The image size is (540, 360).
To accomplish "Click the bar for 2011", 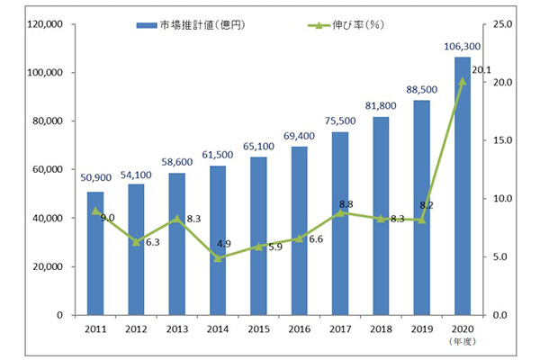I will point(95,253).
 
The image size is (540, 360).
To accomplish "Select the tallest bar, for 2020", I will point(463,186).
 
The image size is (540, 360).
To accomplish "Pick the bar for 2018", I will point(381,216).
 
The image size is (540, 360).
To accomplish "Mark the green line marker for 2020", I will point(463,81).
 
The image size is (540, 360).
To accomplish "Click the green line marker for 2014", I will point(218,257).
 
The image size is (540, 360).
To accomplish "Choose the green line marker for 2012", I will point(136,241).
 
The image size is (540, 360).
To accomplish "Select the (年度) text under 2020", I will point(463,342).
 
